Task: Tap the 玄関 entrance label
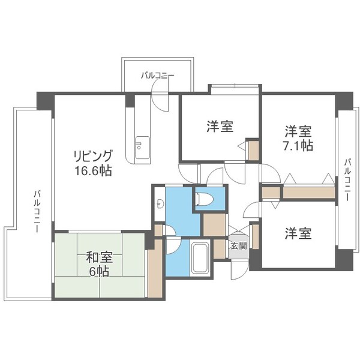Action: pos(237,245)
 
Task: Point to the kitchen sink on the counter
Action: pos(142,145)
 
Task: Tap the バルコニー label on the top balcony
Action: pos(158,76)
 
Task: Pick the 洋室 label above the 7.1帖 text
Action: pos(298,131)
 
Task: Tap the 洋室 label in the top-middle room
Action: pos(220,126)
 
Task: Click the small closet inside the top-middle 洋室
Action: pos(254,150)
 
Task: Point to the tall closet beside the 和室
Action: pos(155,268)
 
